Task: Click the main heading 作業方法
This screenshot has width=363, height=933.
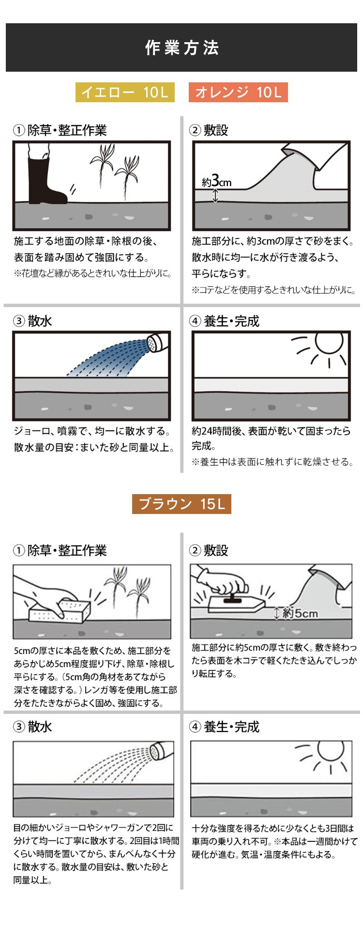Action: (x=181, y=48)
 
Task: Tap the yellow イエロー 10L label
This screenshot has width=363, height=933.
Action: (x=125, y=92)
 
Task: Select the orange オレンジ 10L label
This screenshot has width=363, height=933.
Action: (x=238, y=92)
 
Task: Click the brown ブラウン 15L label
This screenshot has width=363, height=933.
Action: (x=181, y=504)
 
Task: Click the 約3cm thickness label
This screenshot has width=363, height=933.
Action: (x=216, y=182)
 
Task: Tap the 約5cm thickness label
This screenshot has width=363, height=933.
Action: (x=299, y=613)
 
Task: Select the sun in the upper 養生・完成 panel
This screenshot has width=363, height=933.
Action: (x=329, y=344)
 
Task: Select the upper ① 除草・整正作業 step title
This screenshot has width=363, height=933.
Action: (x=60, y=130)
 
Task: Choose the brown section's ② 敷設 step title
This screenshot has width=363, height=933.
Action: (x=209, y=550)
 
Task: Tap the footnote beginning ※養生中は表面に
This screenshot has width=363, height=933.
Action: (x=272, y=462)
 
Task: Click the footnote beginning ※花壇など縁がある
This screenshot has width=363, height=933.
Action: (x=93, y=273)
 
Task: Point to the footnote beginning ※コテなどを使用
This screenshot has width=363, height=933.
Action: (x=274, y=290)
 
